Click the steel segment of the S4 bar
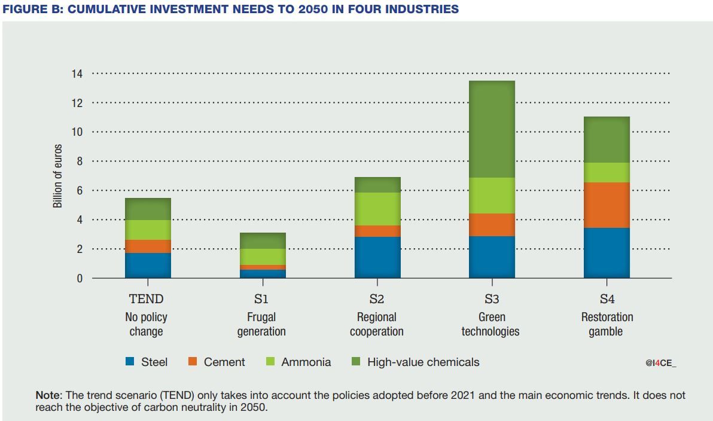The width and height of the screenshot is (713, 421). pyautogui.click(x=607, y=253)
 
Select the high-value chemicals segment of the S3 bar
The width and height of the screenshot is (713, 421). pyautogui.click(x=492, y=129)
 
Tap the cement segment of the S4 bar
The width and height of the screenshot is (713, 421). pyautogui.click(x=607, y=205)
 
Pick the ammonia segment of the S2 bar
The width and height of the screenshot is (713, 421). pyautogui.click(x=377, y=209)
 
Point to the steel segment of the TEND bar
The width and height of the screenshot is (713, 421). pyautogui.click(x=148, y=266)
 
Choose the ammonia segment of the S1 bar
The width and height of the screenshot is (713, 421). pyautogui.click(x=263, y=257)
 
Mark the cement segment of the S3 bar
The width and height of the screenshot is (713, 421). pyautogui.click(x=492, y=225)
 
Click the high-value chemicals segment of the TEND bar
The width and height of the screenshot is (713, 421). pyautogui.click(x=148, y=209)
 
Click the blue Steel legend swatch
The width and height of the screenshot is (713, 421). pyautogui.click(x=130, y=362)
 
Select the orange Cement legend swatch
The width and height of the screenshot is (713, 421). pyautogui.click(x=193, y=362)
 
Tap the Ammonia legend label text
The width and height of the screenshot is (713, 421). pyautogui.click(x=306, y=362)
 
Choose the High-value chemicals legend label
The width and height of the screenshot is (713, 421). pyautogui.click(x=423, y=362)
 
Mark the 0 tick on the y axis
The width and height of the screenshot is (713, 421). pyautogui.click(x=79, y=278)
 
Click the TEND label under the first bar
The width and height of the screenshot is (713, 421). pyautogui.click(x=147, y=299)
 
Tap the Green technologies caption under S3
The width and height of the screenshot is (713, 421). pyautogui.click(x=490, y=324)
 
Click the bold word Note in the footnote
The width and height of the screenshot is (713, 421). pyautogui.click(x=48, y=395)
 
